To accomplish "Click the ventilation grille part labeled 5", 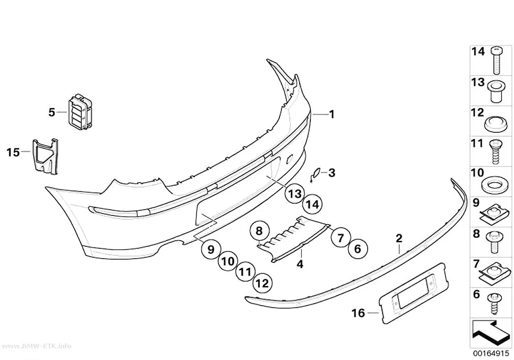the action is pos(80,112).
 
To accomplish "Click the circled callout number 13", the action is pos(295,193).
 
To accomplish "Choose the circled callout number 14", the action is pos(312,204).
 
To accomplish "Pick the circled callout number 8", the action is pos(259,231).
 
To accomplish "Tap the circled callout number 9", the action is pos(211,249).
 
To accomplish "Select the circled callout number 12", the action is pos(262,283).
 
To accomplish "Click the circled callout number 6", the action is pos(357,248).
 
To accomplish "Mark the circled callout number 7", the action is pos(341,238).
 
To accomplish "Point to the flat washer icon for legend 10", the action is pos(492,185).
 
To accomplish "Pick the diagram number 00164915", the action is pos(491,354).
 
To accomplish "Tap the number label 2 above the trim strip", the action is pos(399,239).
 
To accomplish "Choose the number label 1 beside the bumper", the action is pos(332,114).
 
